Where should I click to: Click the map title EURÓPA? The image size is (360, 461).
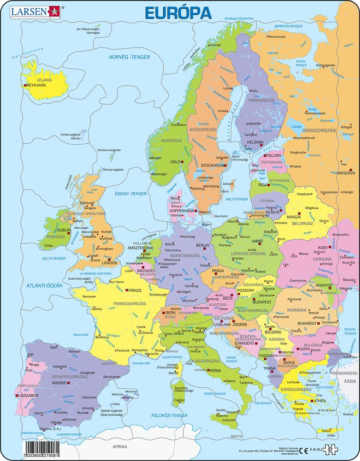tap(178, 12)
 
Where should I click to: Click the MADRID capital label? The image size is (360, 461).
tap(59, 383)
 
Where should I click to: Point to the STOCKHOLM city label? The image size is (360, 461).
tap(212, 165)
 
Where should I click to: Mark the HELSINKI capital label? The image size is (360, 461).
tap(255, 142)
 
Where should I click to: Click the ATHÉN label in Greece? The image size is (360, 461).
tap(321, 401)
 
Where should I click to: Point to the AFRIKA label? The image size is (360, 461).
tap(119, 447)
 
